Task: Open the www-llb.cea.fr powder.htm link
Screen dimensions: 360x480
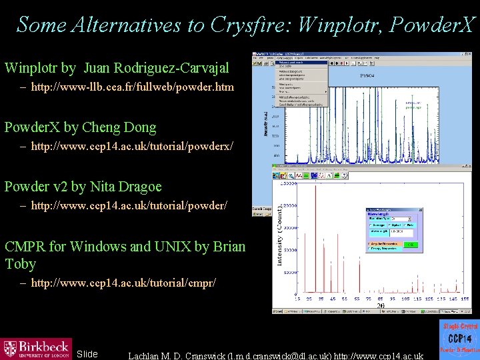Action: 133,87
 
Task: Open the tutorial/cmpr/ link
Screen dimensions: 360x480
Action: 123,283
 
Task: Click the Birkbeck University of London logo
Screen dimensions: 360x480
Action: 36,348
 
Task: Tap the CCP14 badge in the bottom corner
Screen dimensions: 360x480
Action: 459,339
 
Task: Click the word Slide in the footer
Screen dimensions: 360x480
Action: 87,353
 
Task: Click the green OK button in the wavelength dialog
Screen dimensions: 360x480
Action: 411,245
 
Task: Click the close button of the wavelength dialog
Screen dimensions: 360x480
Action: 420,209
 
